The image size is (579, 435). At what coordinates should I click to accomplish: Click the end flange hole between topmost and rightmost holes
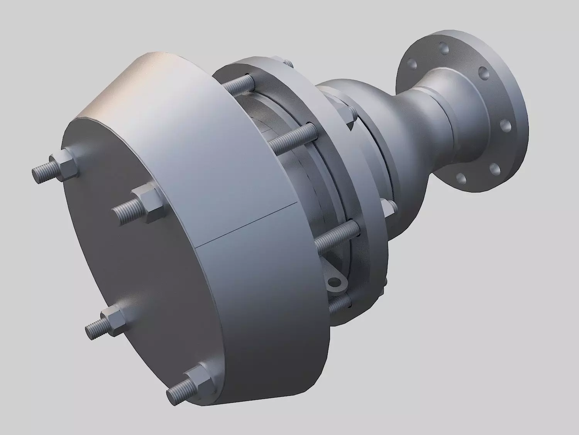[483, 72]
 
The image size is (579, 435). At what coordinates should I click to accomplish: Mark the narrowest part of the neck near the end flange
[444, 116]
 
